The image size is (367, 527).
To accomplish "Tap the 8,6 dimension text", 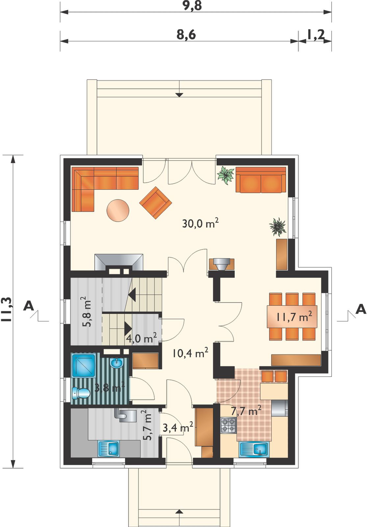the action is [x=186, y=35].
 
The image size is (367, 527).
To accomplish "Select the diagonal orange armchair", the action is [x=155, y=203].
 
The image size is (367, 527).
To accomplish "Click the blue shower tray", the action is [x=84, y=366].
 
